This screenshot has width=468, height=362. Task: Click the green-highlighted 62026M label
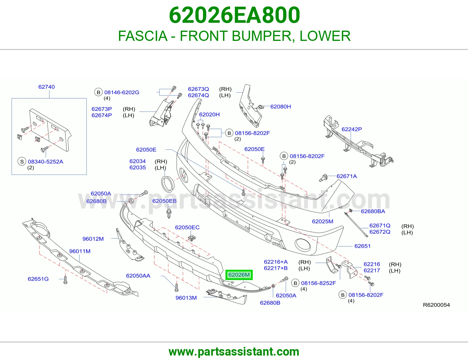click(x=239, y=275)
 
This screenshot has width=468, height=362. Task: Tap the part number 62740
click(x=47, y=87)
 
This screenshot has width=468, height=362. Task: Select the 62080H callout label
click(x=281, y=107)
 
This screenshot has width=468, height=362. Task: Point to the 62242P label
click(x=352, y=129)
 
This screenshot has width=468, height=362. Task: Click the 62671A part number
click(x=347, y=176)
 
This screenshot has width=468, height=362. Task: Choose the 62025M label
click(x=323, y=221)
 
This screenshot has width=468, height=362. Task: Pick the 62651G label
click(x=38, y=279)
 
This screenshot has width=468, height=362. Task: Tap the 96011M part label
click(x=80, y=251)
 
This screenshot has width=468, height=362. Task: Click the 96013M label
click(x=186, y=298)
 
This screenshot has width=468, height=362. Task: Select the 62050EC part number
click(x=187, y=227)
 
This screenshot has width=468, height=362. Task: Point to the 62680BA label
click(x=373, y=211)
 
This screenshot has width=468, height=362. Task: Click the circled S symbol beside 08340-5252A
click(x=22, y=161)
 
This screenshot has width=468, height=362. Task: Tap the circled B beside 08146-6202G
click(x=98, y=92)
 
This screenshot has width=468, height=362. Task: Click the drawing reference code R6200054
click(x=436, y=305)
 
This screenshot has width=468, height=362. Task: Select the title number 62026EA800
click(x=234, y=15)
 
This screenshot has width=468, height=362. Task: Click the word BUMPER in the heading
click(x=262, y=36)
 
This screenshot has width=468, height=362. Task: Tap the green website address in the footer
click(x=234, y=352)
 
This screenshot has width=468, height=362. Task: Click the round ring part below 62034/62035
click(x=167, y=184)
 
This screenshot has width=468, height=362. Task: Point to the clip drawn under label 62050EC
click(x=192, y=238)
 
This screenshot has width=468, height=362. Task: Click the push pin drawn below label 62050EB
click(x=169, y=213)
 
